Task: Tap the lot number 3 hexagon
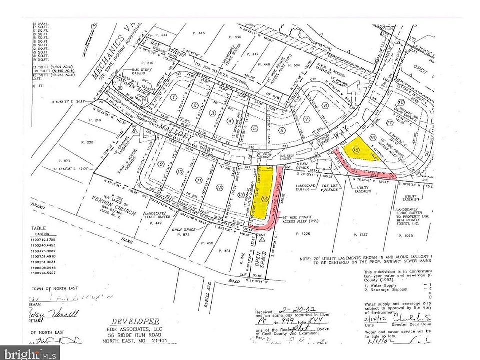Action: tap(212, 113)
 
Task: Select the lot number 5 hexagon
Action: tap(254, 128)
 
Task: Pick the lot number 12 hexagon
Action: tap(219, 187)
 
